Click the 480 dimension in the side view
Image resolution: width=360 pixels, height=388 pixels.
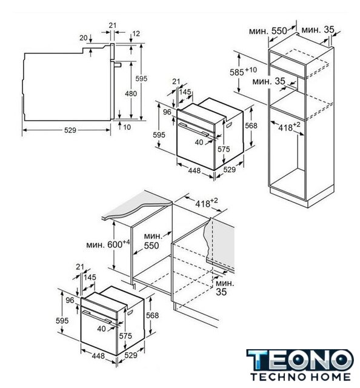(x=131, y=93)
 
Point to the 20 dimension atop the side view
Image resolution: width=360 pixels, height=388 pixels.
(x=84, y=38)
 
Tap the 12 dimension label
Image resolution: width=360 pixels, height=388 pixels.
(x=136, y=33)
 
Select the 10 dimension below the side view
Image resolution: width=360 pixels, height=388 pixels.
(x=127, y=127)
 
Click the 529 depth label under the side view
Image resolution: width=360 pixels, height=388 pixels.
(x=70, y=130)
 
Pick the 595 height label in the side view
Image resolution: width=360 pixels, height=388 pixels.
(x=141, y=78)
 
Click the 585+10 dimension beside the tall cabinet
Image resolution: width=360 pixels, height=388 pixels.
(x=243, y=72)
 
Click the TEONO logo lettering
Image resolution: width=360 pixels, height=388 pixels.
(x=300, y=360)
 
